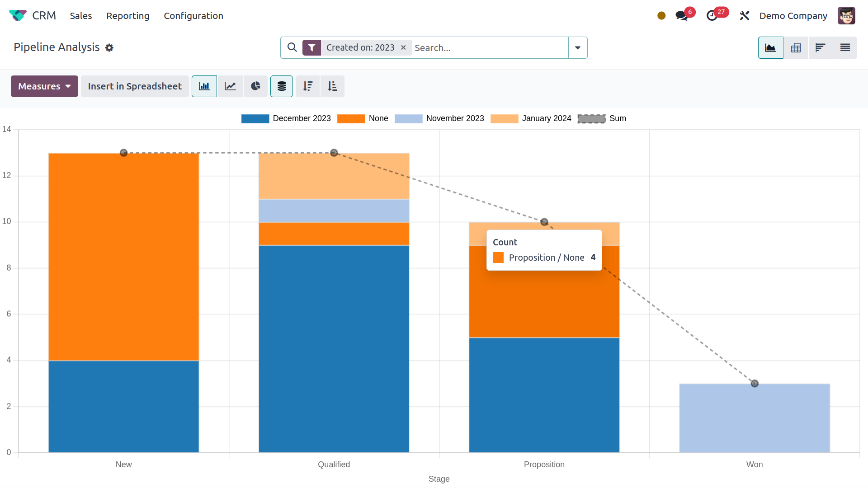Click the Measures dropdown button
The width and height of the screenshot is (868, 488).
point(44,86)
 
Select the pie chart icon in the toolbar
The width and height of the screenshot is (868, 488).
point(255,86)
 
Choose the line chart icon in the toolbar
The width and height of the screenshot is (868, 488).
point(231,86)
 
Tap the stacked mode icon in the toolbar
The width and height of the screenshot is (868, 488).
point(282,86)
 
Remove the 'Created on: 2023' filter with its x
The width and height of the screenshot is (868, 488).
point(403,47)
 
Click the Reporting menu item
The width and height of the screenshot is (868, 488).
point(127,16)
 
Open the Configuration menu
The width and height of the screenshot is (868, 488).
point(193,16)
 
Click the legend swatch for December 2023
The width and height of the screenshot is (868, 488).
point(255,118)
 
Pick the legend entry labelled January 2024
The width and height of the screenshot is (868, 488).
point(546,118)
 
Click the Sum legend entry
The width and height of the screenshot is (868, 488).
point(617,118)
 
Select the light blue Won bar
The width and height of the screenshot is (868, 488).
point(754,418)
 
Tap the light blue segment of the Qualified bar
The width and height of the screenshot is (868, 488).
point(334,211)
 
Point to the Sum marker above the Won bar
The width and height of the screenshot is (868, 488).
point(755,384)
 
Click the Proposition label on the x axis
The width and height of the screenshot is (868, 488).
point(544,465)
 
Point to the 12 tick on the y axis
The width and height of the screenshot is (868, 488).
point(7,175)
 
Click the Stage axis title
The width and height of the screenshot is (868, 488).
point(439,479)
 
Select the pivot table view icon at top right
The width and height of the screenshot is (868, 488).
point(796,47)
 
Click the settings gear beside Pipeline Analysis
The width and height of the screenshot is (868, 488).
point(109,47)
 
